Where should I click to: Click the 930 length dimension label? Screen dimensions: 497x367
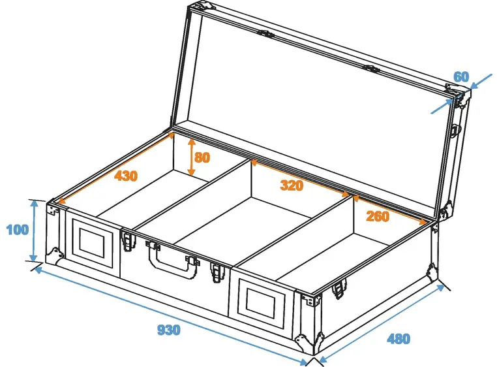coord(169,330)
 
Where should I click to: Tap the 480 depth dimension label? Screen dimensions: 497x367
coord(399,339)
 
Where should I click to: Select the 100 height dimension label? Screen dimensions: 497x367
coord(18,229)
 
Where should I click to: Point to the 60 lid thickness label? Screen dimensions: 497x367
coord(461,77)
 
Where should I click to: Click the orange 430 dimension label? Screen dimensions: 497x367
coord(126,176)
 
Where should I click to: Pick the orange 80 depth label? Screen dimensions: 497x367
coord(202,157)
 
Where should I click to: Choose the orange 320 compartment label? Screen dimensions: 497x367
coord(292,185)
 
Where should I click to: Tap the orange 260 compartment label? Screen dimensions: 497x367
coord(378,216)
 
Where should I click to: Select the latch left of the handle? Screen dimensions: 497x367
coord(129,241)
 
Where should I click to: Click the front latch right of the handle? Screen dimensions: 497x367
coord(217,272)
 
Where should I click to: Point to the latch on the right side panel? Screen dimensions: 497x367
coord(339,288)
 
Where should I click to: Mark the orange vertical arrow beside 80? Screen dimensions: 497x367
coord(191,157)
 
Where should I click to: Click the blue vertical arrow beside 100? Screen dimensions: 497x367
coord(34,231)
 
